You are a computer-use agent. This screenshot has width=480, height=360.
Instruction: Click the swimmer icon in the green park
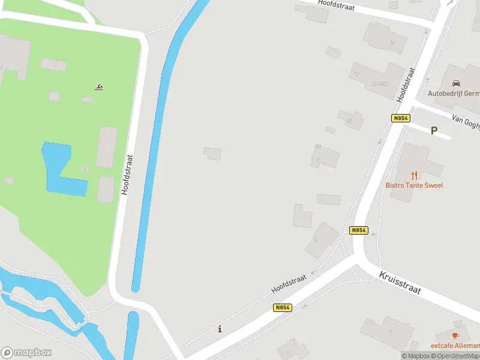coord(99,88)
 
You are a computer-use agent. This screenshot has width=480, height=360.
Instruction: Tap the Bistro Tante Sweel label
coord(414,185)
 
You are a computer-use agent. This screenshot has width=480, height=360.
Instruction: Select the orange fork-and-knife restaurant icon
coord(414,175)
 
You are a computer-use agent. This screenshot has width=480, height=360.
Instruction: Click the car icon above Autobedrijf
coord(456,83)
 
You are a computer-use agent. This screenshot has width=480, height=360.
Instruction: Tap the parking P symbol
coord(434,130)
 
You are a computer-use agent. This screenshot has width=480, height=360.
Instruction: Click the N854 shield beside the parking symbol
coord(401,118)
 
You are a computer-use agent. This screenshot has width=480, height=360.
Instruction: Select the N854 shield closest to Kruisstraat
coord(358,230)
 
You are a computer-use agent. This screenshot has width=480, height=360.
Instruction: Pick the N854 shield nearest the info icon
coord(283,307)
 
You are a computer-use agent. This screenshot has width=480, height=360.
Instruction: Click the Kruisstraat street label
coord(400,282)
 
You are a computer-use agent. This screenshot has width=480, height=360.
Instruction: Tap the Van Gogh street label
coord(466,122)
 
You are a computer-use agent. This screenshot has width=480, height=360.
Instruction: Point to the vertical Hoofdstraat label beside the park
coord(126,174)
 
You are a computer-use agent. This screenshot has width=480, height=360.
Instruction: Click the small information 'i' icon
coord(220,329)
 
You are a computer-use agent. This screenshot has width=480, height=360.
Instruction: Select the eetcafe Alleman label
coord(455,346)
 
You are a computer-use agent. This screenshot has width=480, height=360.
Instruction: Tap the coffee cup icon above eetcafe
coord(455,335)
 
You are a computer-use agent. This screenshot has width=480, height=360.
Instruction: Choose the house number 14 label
coord(392,43)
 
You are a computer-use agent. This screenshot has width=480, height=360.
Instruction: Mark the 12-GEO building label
coord(379,83)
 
